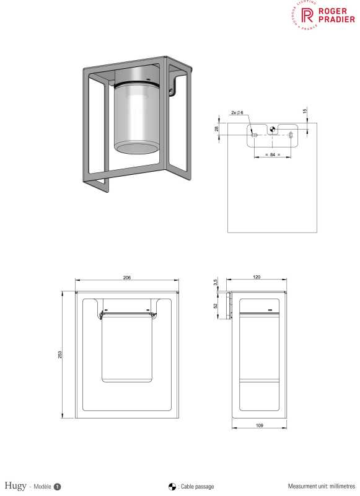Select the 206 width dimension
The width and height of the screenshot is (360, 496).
127,278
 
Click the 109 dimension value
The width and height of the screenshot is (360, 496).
259,425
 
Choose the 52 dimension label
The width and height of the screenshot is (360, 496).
215,305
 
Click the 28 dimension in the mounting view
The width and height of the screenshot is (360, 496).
216,128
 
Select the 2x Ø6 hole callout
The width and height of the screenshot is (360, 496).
237,113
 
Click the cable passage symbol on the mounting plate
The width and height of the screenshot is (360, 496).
271,130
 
